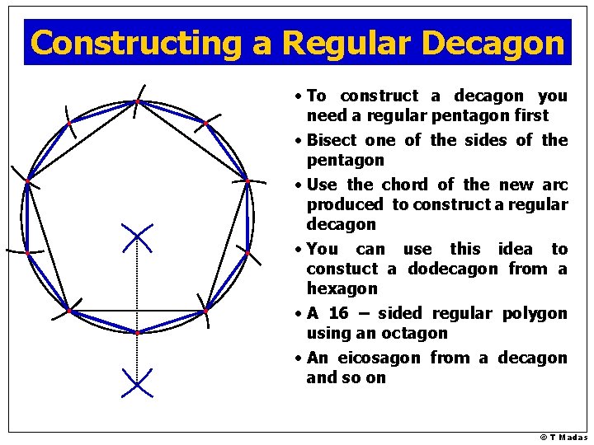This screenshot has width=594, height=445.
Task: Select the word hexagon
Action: (342, 289)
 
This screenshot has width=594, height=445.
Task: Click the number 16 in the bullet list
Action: (338, 314)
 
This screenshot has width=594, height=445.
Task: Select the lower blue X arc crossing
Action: (137, 382)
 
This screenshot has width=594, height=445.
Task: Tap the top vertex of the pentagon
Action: (137, 102)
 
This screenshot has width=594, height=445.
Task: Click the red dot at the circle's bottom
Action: (137, 332)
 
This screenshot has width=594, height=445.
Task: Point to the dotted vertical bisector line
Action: (137, 280)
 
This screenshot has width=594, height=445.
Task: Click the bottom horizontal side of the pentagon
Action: (137, 311)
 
